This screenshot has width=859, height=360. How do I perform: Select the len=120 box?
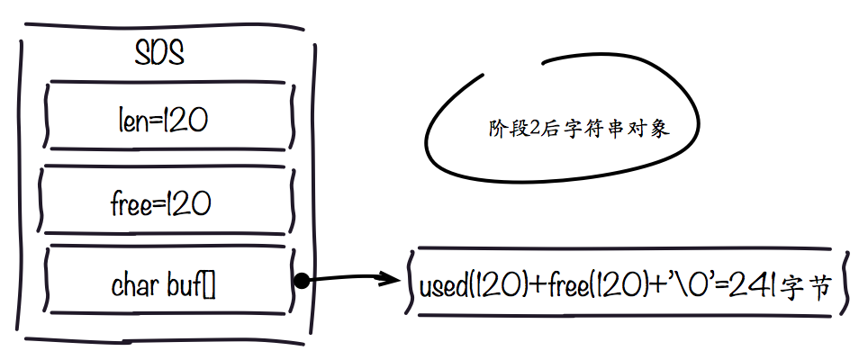tap(168, 118)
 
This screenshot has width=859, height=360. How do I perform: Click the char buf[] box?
tap(168, 286)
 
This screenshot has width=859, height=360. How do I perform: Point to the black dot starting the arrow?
tap(303, 281)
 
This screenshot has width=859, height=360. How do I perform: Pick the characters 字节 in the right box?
tap(804, 288)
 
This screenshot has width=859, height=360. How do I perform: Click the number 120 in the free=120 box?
tap(188, 203)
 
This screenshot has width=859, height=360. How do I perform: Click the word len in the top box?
tap(133, 119)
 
